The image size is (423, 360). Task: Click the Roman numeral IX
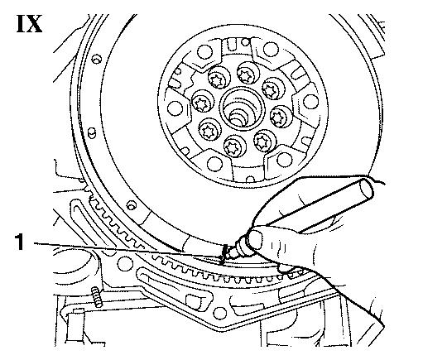[x=30, y=24]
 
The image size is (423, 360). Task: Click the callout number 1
[x=19, y=242]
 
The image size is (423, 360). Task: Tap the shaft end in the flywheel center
[x=238, y=118]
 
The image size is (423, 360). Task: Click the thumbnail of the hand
[x=255, y=239]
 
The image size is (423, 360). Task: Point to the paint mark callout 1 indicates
[x=224, y=254]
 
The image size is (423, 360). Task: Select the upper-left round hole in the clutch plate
[x=205, y=52]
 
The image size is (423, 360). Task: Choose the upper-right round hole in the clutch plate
[x=271, y=49]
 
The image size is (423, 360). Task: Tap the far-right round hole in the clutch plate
[x=310, y=101]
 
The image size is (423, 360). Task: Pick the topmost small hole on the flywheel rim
[x=96, y=59]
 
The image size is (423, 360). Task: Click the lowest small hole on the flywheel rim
[x=132, y=205]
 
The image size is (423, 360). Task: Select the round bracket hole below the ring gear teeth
[x=125, y=264]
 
